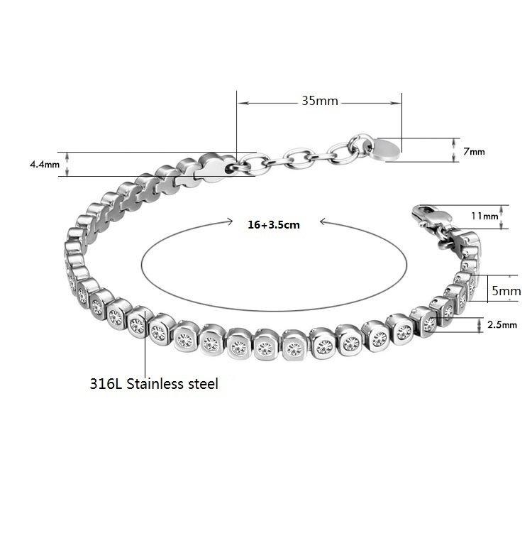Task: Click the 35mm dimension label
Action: [x=320, y=101]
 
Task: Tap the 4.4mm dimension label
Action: [x=45, y=165]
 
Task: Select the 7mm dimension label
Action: [x=474, y=151]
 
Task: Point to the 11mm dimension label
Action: [x=484, y=216]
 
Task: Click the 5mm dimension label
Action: [x=506, y=291]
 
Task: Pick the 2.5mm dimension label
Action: [x=502, y=324]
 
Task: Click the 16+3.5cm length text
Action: [x=274, y=225]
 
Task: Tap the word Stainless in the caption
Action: [x=155, y=384]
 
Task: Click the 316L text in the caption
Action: [x=106, y=384]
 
